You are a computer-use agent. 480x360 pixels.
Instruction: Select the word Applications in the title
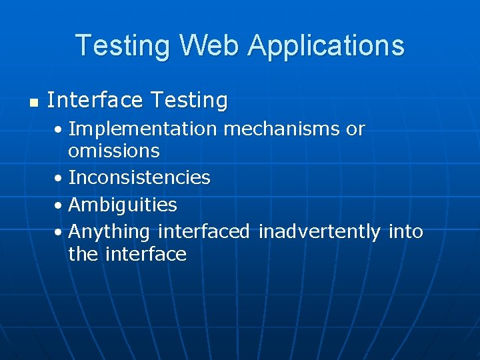325,45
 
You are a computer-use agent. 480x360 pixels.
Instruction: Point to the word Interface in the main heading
95,101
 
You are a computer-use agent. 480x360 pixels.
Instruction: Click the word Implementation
143,129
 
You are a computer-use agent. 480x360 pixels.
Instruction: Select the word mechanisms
281,129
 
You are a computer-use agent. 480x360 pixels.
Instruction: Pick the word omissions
114,151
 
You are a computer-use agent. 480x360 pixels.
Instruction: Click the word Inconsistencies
139,178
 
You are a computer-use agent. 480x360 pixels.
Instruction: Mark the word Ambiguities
123,205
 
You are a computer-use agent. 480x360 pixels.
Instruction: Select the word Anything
109,231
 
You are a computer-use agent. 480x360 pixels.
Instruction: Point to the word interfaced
204,231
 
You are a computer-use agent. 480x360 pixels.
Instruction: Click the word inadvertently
319,231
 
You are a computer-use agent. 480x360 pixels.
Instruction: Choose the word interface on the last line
145,254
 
